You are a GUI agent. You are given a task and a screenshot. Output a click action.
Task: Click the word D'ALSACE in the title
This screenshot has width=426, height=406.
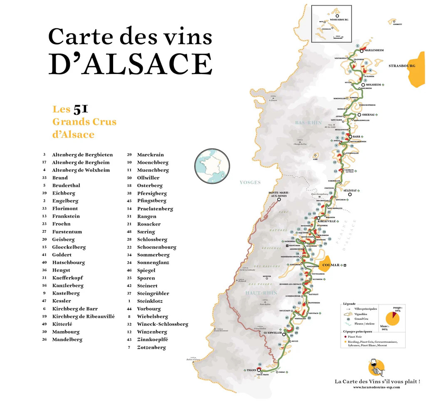(x=130, y=64)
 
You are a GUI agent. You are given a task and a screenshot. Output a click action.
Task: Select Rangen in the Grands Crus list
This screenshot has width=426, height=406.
(x=147, y=216)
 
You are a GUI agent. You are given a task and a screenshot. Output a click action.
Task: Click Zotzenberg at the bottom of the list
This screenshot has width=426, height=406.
(x=151, y=347)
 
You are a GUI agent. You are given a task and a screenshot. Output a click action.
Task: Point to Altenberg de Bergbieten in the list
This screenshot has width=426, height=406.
(x=82, y=155)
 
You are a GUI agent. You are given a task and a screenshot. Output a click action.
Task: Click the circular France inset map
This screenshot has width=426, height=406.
(x=213, y=166)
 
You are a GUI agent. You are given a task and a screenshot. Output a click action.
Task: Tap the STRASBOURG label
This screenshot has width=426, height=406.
(x=402, y=66)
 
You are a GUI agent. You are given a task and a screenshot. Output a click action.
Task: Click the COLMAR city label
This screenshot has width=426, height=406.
(x=331, y=265)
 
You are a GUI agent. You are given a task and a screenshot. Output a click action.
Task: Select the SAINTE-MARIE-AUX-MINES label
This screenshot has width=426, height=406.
(x=279, y=194)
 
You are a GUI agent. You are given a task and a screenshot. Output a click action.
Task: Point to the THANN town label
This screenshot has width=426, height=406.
(x=250, y=369)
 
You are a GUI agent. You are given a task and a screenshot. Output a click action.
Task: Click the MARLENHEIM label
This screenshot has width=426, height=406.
(x=374, y=50)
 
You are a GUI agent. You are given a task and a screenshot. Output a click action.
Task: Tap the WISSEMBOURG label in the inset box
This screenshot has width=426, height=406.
(x=339, y=20)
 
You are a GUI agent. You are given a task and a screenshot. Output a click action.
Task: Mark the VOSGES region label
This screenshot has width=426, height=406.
(x=250, y=182)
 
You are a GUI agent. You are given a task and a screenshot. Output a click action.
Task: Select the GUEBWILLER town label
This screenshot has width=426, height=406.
(x=273, y=333)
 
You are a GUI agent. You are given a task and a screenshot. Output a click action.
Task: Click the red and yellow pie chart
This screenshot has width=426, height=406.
(x=392, y=318)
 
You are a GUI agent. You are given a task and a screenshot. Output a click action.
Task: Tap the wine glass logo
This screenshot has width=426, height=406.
(x=377, y=368)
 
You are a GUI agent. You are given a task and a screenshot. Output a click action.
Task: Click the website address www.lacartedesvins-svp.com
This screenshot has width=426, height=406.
(x=376, y=387)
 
